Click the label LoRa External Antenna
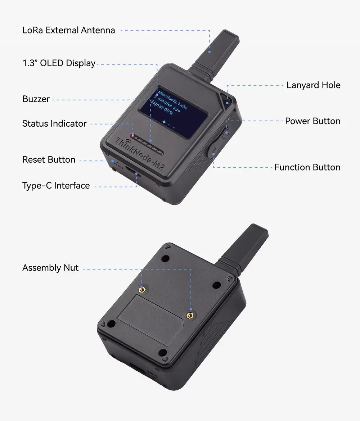point(69,30)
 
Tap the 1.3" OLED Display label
point(59,63)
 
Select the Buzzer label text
point(36,99)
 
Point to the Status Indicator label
point(54,124)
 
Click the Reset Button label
point(49,160)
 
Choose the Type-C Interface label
point(56,186)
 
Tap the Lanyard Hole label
point(313,85)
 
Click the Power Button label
point(312,121)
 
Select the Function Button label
point(307,167)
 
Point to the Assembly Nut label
point(50,268)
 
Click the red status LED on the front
point(133,136)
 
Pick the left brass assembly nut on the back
point(143,289)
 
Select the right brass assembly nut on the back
point(190,315)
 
